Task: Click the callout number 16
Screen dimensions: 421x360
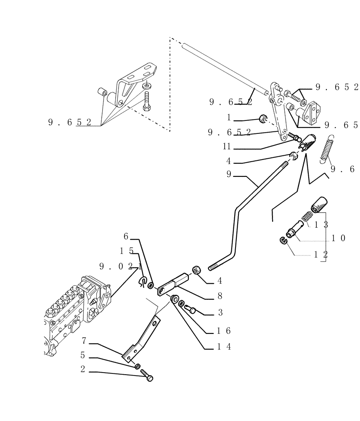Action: pyautogui.click(x=223, y=330)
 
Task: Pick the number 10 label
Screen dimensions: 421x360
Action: pyautogui.click(x=338, y=238)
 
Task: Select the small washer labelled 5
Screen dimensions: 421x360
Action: pyautogui.click(x=137, y=366)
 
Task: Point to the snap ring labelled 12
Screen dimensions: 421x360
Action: pyautogui.click(x=283, y=241)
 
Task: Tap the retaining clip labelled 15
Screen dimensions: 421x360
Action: pyautogui.click(x=142, y=281)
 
